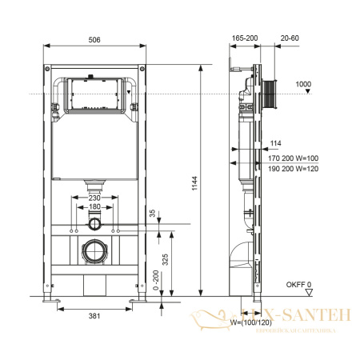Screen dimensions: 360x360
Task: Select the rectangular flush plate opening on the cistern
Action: coord(94,95)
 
